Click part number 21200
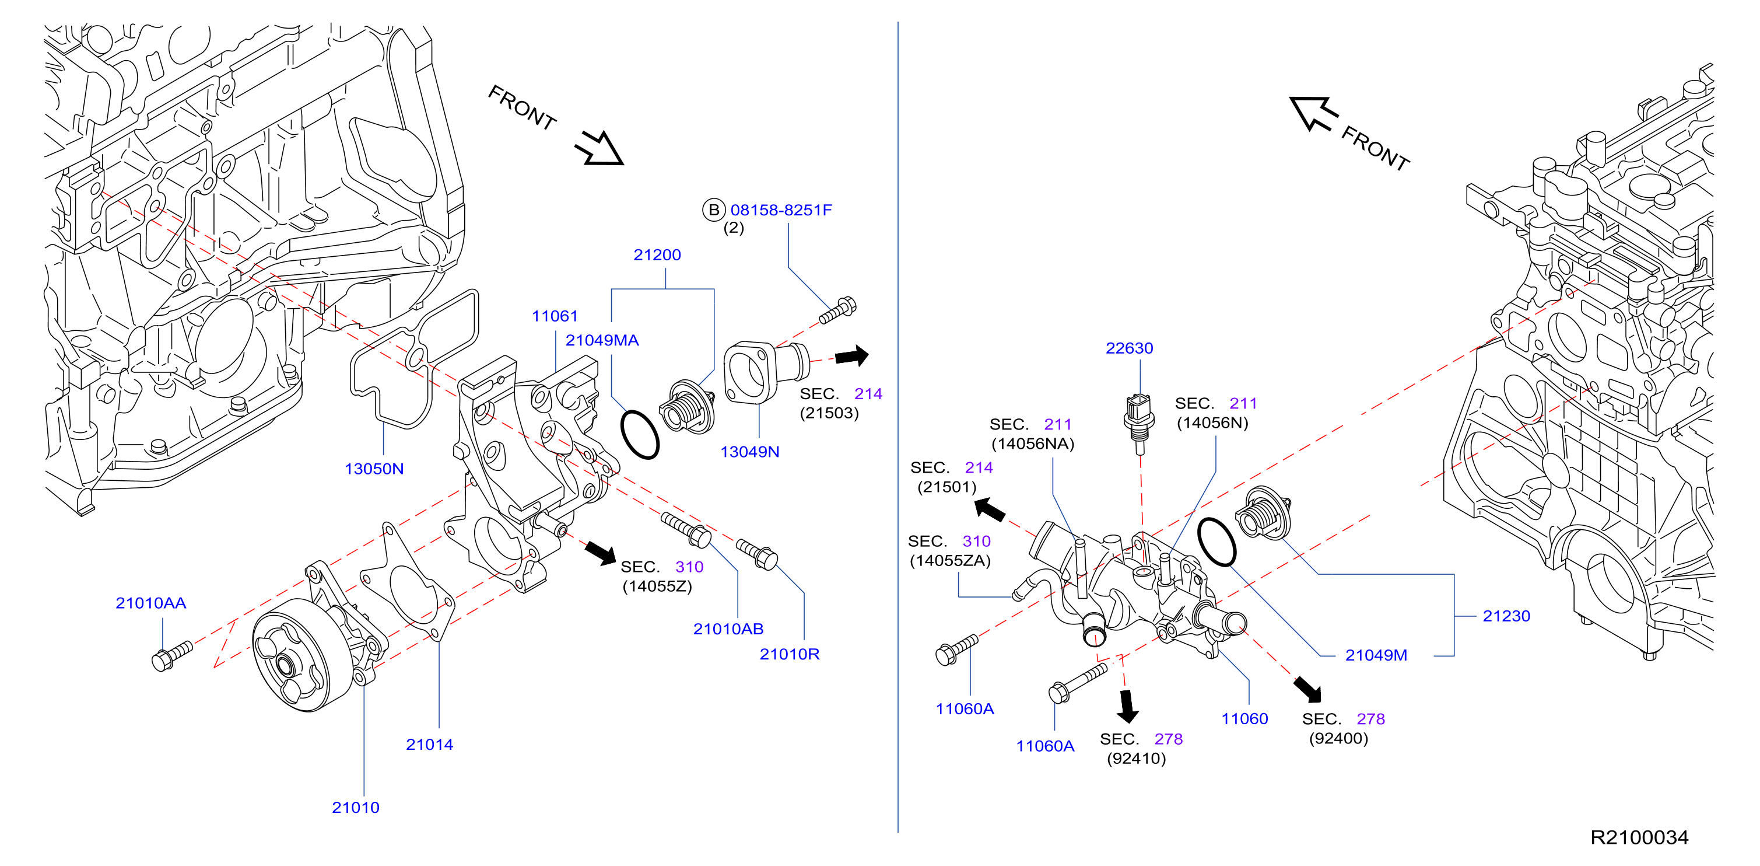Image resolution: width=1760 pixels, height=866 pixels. tap(657, 255)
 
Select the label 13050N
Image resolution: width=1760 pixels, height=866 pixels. tap(374, 469)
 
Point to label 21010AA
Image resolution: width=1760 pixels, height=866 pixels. tap(150, 603)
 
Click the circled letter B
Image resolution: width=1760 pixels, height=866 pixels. tap(713, 210)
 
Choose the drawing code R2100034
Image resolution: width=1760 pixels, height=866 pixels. tap(1639, 837)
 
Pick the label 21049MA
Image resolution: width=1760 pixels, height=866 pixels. tap(602, 340)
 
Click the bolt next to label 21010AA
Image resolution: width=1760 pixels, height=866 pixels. tap(171, 656)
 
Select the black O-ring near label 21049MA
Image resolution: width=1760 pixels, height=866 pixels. tap(640, 435)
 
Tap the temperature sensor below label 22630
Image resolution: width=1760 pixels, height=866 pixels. tap(1139, 423)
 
